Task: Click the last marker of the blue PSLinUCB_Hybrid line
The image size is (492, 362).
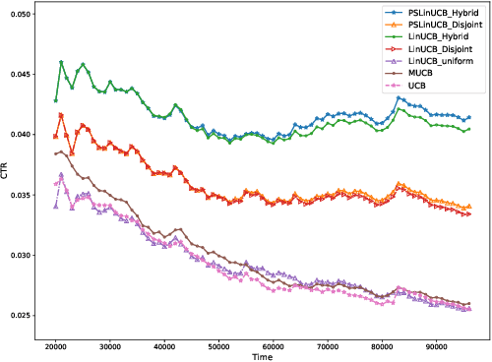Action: click(x=468, y=117)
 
